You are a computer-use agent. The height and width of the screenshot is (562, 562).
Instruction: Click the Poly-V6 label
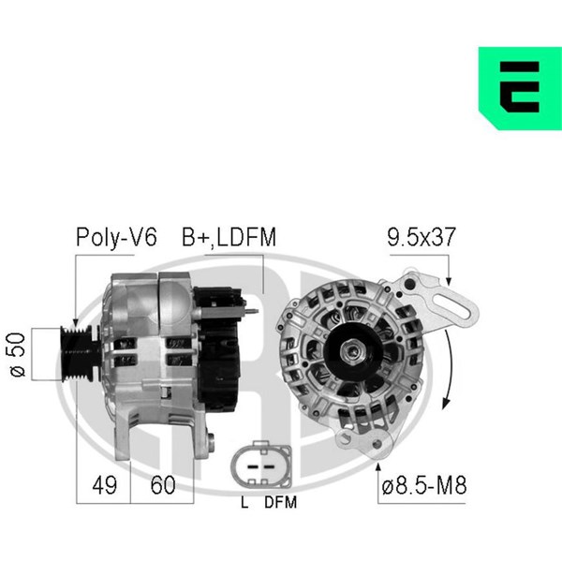[x=116, y=237]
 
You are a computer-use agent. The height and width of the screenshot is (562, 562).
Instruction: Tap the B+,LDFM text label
[x=229, y=237]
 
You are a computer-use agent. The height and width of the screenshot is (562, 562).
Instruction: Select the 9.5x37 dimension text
[x=421, y=237]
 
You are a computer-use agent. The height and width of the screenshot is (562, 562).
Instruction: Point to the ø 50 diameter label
[x=18, y=354]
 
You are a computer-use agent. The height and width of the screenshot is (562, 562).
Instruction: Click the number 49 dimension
[x=104, y=485]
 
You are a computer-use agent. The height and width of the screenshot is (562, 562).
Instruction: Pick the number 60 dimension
[x=163, y=485]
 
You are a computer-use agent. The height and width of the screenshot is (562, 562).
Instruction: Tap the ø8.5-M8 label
[x=424, y=485]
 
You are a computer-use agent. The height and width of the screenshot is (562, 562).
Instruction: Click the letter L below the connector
[x=244, y=502]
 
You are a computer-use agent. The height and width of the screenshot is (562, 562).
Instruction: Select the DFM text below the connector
[x=281, y=502]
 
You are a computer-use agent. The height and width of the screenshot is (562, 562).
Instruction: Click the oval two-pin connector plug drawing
[x=261, y=465]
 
